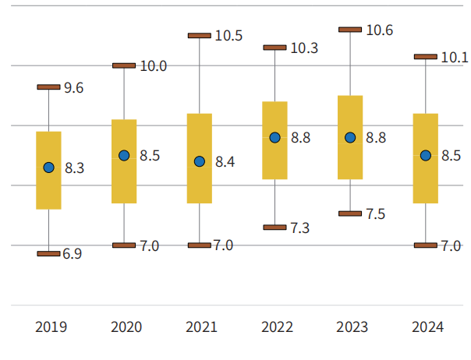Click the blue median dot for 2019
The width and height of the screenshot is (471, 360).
[49, 168]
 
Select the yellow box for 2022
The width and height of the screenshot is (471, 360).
[274, 140]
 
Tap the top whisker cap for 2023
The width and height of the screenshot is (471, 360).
[350, 30]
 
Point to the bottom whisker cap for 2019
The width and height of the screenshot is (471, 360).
[49, 254]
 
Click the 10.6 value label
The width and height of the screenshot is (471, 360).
[379, 30]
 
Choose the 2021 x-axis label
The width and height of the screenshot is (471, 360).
[201, 327]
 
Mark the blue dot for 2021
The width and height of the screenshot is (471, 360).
[200, 161]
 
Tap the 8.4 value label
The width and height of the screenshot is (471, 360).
[225, 162]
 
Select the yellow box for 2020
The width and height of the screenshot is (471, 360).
[124, 161]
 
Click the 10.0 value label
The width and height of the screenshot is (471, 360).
[153, 66]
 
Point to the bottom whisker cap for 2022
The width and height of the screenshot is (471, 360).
[274, 228]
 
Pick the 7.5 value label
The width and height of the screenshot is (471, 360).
[376, 214]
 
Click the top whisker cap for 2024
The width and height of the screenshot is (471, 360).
[425, 57]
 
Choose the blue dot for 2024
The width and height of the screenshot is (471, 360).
[425, 156]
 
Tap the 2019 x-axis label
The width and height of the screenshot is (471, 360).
[51, 327]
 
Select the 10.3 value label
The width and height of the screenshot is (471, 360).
[303, 48]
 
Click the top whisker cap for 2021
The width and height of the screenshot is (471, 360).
[200, 36]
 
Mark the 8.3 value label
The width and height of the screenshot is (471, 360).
[75, 168]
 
